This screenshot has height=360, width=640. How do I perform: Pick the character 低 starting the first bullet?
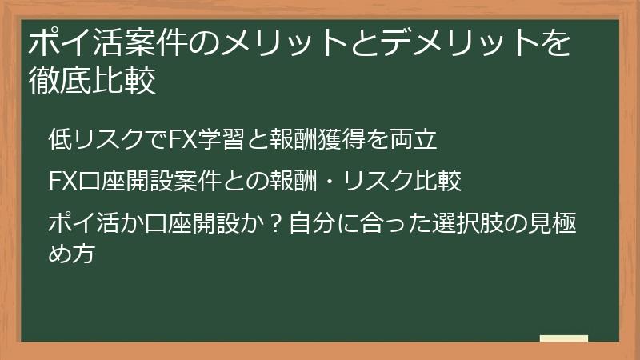click(x=59, y=139)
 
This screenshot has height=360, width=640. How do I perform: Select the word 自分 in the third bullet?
click(x=310, y=218)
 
